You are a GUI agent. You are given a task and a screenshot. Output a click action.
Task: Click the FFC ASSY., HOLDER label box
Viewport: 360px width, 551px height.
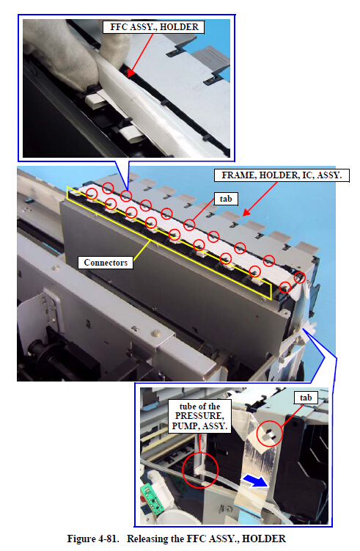[153, 27]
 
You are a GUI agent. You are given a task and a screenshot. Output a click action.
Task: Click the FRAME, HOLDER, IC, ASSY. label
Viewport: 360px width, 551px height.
[282, 175]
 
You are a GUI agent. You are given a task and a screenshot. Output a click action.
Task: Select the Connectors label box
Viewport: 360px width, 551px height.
[106, 263]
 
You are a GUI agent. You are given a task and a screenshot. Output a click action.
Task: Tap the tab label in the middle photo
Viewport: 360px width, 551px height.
[226, 199]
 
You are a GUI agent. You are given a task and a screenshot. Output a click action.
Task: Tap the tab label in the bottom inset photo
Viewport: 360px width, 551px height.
[306, 398]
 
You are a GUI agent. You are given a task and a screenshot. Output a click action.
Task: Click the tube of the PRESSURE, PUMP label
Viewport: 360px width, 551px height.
[199, 416]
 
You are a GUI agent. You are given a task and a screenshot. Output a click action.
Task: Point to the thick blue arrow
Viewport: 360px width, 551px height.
[255, 481]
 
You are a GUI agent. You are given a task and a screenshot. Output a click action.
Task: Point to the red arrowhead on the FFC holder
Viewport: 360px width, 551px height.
[130, 73]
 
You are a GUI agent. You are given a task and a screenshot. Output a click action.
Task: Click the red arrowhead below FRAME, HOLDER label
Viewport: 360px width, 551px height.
[246, 212]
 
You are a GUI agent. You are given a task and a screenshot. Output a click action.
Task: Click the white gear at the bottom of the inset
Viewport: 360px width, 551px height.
[176, 517]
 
